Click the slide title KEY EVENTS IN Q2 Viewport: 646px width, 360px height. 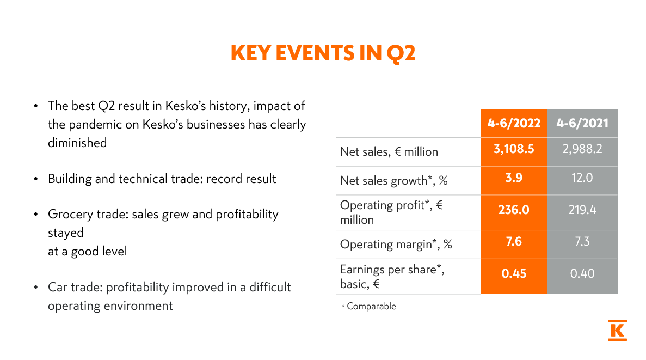point(323,53)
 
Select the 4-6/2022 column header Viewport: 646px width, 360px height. point(514,123)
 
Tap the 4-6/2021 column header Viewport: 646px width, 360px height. point(582,123)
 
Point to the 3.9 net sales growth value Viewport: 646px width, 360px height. point(514,178)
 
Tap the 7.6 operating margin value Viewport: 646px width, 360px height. point(514,241)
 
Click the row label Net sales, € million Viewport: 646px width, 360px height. point(389,152)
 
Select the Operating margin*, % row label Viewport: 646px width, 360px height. point(396,245)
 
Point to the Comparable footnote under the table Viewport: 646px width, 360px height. point(371,307)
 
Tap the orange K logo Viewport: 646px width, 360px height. point(617,330)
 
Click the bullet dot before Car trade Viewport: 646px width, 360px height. point(36,288)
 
